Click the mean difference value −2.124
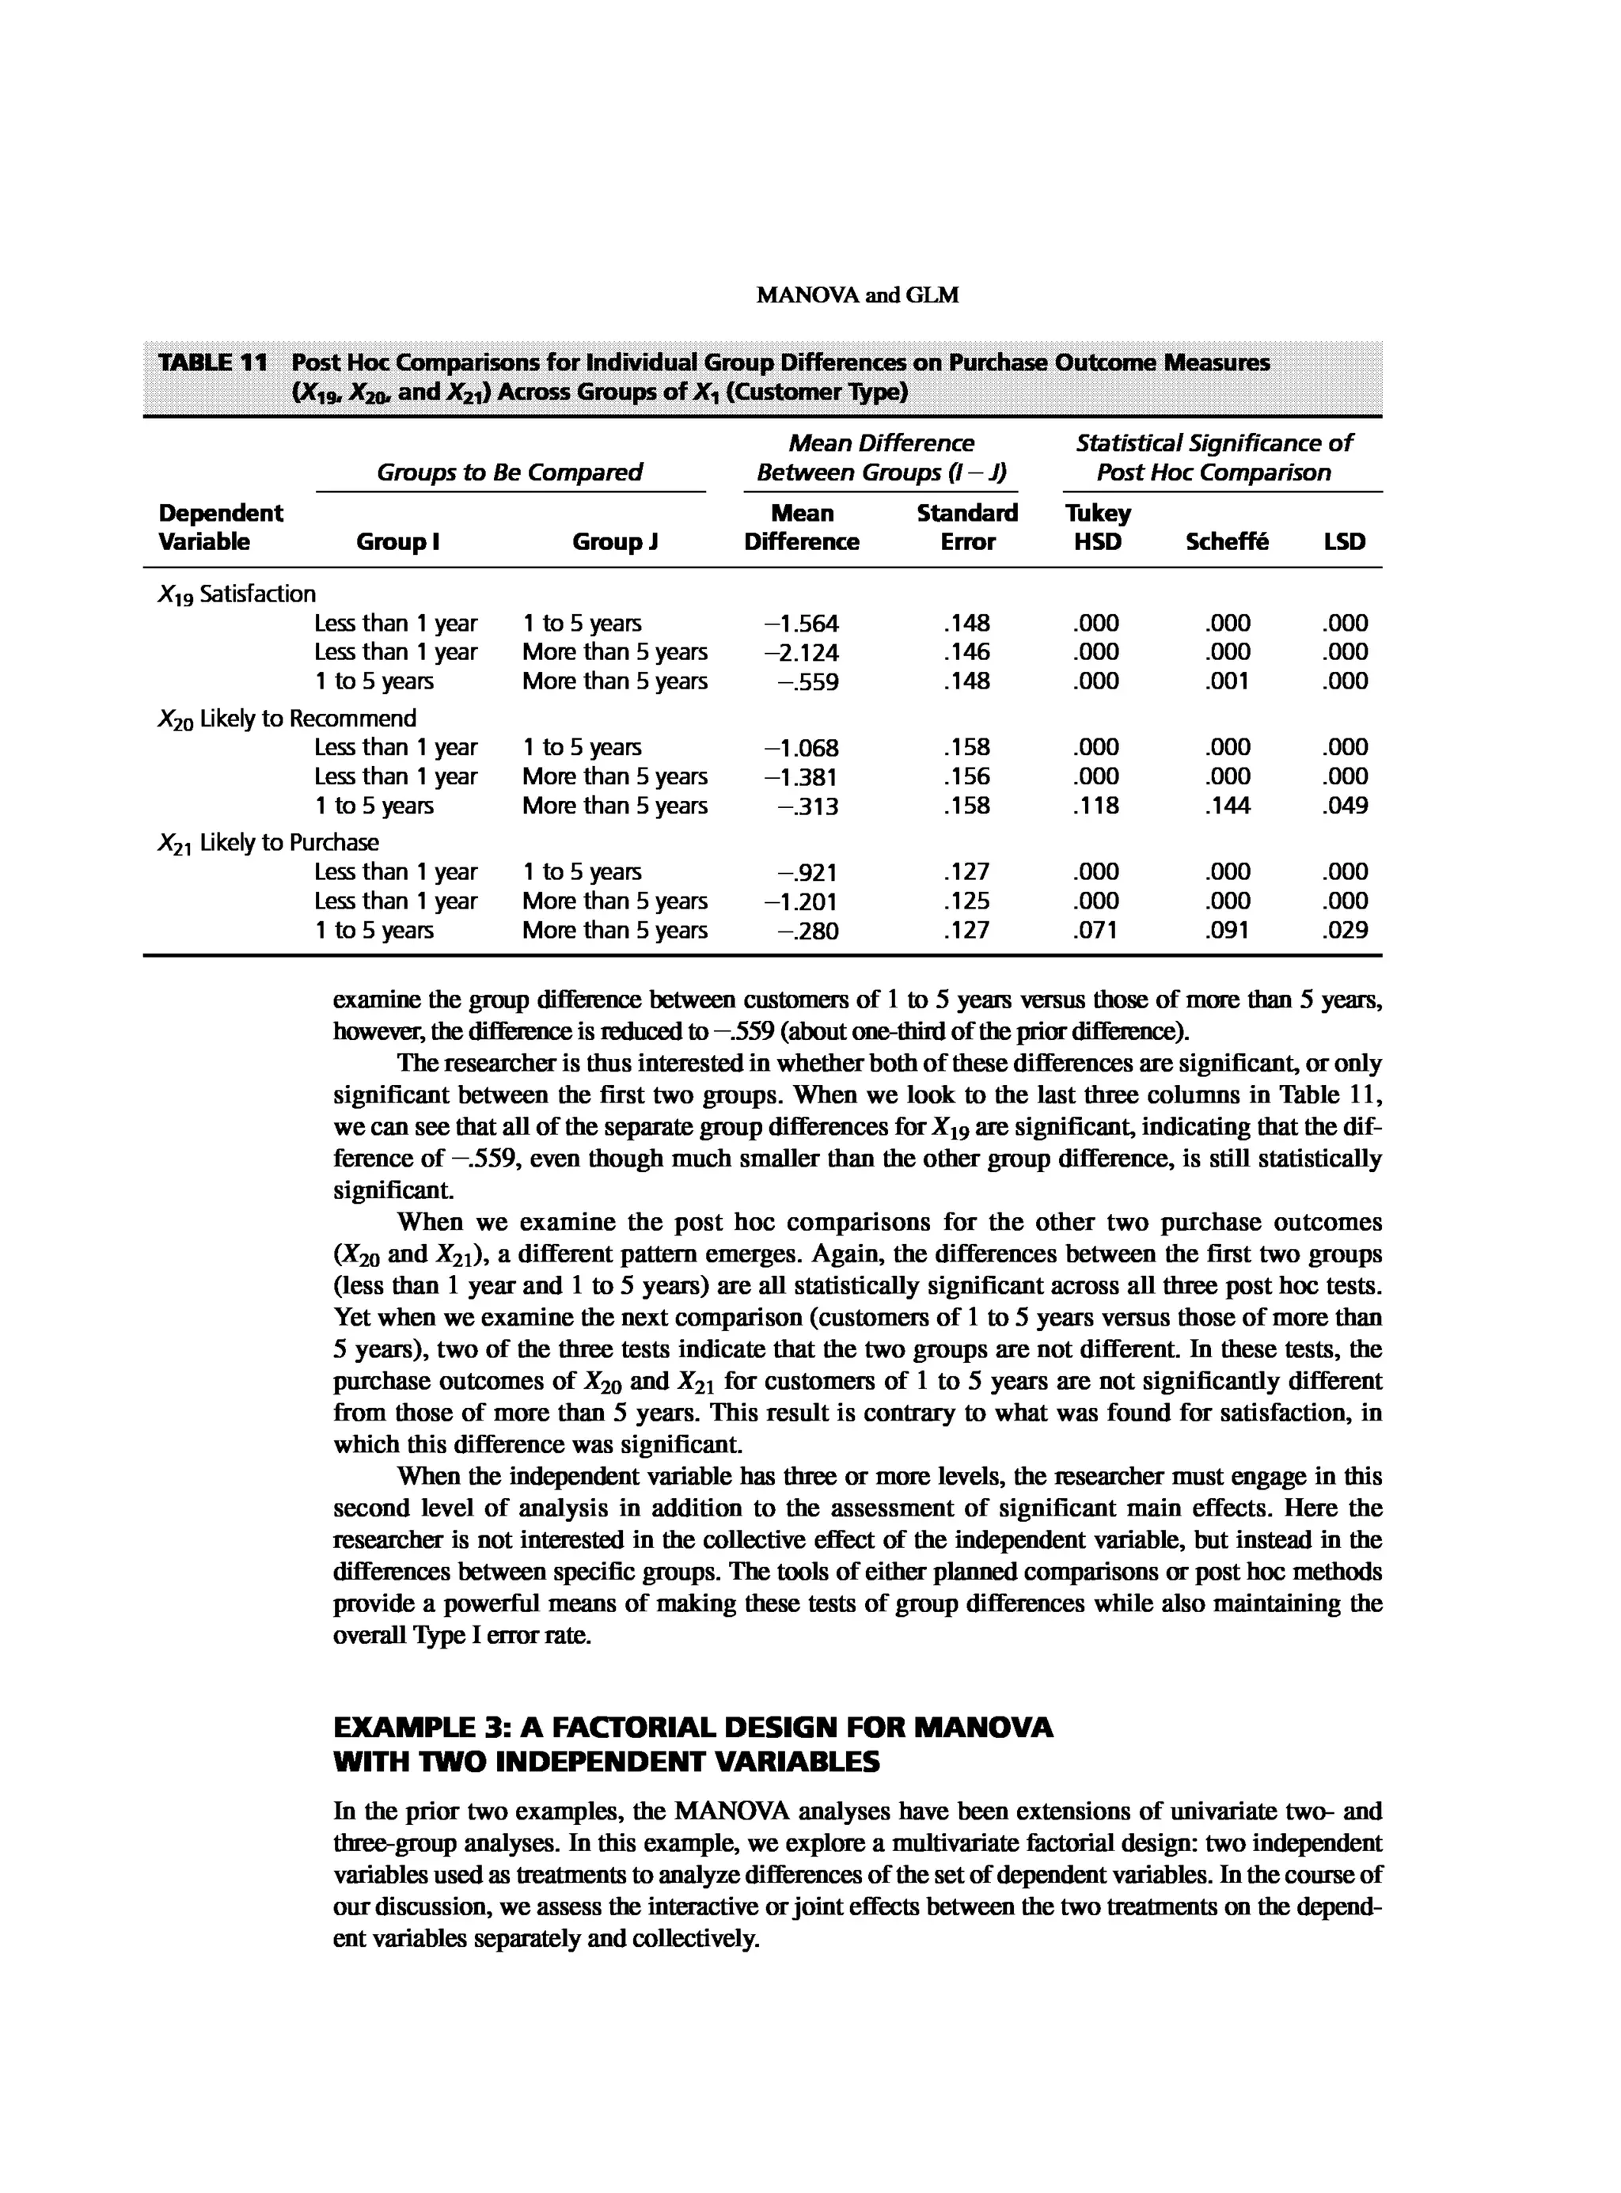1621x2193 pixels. click(x=802, y=652)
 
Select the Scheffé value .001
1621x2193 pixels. click(x=1228, y=681)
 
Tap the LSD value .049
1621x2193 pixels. click(x=1344, y=806)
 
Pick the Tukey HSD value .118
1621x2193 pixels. click(x=1096, y=806)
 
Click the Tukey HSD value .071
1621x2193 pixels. click(x=1096, y=930)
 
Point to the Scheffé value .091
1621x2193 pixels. click(x=1228, y=930)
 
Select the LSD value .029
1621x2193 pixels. click(x=1344, y=930)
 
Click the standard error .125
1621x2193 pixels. click(x=966, y=901)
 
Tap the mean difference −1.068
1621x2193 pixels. click(x=802, y=748)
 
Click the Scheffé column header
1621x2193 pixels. click(x=1227, y=541)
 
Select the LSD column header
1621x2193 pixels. click(x=1344, y=541)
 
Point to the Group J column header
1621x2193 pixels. click(x=614, y=541)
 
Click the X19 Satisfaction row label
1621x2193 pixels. click(x=237, y=594)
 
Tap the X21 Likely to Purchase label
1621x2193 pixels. click(x=268, y=843)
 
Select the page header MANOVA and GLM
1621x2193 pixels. click(x=858, y=295)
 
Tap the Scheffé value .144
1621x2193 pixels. click(x=1228, y=806)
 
